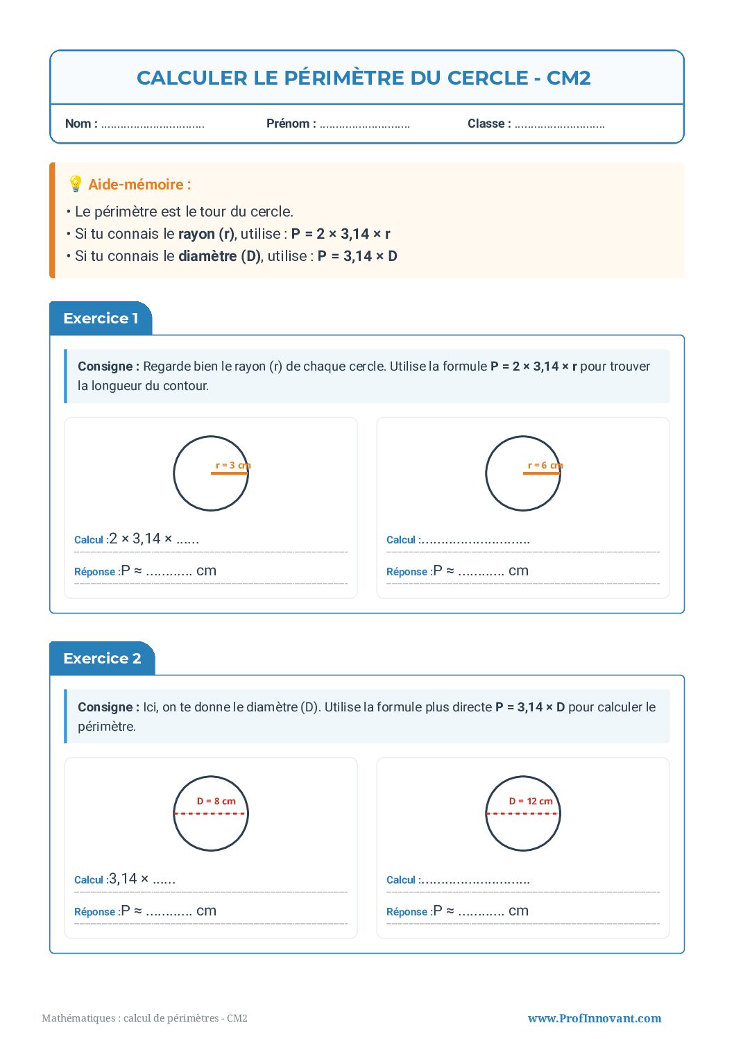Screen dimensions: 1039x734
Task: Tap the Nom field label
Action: [80, 124]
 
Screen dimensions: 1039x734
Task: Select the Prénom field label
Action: [291, 124]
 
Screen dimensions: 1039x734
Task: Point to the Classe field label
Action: [488, 124]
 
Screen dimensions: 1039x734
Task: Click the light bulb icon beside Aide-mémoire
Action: [76, 184]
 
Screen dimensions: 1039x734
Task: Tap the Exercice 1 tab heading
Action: [101, 319]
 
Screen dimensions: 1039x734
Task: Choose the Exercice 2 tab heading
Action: [102, 659]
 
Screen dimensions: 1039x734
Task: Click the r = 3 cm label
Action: [232, 465]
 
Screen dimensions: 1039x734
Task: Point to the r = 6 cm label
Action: [545, 465]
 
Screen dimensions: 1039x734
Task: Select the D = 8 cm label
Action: [216, 801]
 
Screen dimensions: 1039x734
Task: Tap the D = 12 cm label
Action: [531, 801]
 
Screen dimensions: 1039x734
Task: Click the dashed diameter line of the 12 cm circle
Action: [522, 813]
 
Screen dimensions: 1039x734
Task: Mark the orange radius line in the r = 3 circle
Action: [229, 473]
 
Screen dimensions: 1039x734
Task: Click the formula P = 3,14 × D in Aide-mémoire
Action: [357, 256]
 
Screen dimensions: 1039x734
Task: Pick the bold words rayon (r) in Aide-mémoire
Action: [206, 234]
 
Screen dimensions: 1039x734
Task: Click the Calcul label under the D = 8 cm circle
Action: [89, 880]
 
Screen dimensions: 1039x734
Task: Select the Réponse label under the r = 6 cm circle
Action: [407, 572]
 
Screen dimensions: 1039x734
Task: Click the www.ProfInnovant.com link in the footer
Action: [594, 1018]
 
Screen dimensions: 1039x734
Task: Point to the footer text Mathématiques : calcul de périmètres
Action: [144, 1018]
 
